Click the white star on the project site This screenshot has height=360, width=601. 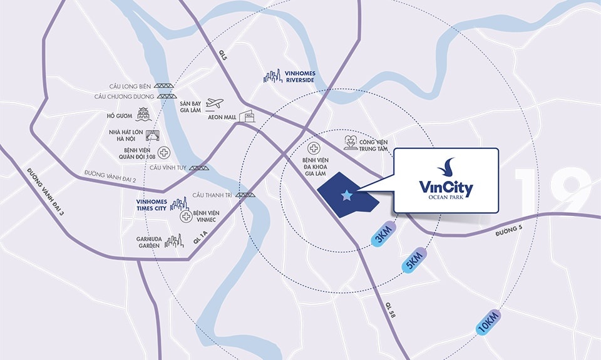click(346, 195)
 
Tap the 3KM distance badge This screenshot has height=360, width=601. click(384, 234)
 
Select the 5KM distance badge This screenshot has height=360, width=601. click(414, 259)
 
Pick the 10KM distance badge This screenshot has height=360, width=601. click(488, 322)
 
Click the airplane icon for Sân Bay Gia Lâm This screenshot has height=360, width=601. click(214, 103)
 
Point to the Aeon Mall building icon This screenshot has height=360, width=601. click(247, 116)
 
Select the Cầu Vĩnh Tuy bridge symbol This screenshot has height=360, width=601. click(200, 168)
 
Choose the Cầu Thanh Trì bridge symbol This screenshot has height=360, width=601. click(245, 195)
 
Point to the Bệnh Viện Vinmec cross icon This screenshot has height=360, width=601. click(186, 217)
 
